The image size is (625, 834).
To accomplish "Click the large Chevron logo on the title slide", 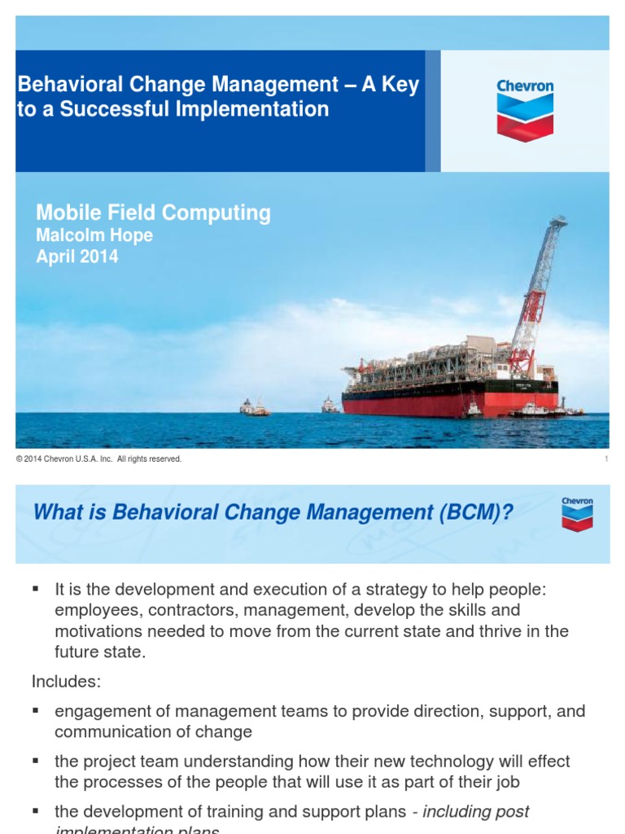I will pos(525,110).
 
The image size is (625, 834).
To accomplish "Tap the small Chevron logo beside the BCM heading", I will pos(577,515).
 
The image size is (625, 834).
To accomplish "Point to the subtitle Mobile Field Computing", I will pos(153,213).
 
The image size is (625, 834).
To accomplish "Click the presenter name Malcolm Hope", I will pos(94,235).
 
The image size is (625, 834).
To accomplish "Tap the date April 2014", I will pos(77,257).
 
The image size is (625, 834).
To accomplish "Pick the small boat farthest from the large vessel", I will pos(254,407).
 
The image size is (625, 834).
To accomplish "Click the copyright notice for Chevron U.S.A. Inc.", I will pos(98,459).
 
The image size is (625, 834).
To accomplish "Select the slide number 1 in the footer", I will pos(606,459).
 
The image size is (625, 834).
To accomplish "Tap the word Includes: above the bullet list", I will pos(65,681).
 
